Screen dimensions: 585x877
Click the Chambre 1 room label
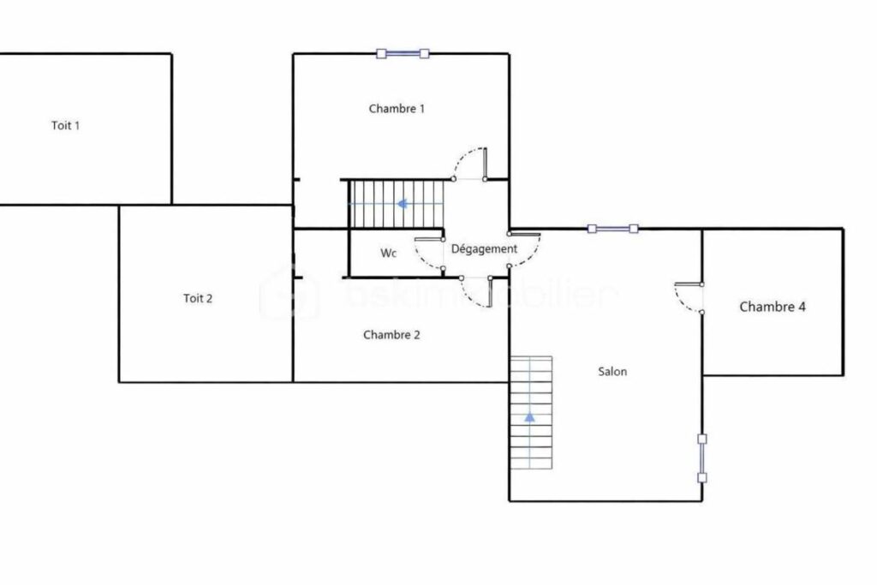(x=397, y=109)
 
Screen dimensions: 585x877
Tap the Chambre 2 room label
(x=391, y=335)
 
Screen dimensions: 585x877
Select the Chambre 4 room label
(x=772, y=307)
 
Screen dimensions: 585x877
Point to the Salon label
(x=612, y=372)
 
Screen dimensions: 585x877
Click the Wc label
(x=389, y=254)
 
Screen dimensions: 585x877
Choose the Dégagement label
(x=484, y=248)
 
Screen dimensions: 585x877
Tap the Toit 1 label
(x=66, y=125)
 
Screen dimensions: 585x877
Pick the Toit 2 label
(x=198, y=299)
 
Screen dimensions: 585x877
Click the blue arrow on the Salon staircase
(x=529, y=417)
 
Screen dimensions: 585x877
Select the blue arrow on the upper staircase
(x=401, y=204)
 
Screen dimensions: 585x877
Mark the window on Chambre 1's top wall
(x=402, y=54)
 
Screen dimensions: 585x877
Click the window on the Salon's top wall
(x=613, y=229)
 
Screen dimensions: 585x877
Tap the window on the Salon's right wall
(x=701, y=458)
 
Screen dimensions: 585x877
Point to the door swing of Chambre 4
(x=688, y=297)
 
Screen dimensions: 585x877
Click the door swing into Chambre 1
(x=469, y=163)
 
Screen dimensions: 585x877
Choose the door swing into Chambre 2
(x=474, y=292)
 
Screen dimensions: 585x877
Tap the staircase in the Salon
(x=531, y=412)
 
